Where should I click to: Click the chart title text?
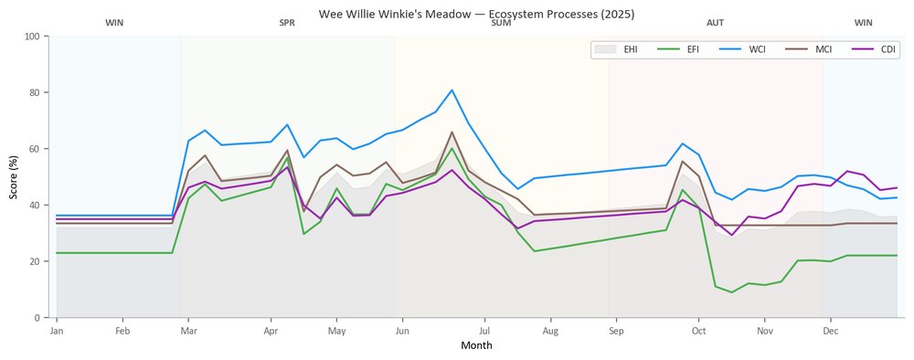click(x=476, y=14)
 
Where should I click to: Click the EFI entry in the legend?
click(x=678, y=49)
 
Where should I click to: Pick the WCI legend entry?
click(x=741, y=49)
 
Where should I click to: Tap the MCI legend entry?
click(x=807, y=49)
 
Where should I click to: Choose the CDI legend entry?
click(x=872, y=49)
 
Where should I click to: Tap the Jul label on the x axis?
click(x=484, y=332)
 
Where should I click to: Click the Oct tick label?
click(x=698, y=332)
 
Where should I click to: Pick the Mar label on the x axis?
click(x=188, y=332)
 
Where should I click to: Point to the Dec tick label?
click(x=830, y=332)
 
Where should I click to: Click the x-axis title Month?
click(x=476, y=345)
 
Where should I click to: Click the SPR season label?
click(x=287, y=24)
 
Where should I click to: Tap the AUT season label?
click(x=716, y=24)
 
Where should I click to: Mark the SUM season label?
click(x=501, y=24)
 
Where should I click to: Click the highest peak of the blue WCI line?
click(x=452, y=90)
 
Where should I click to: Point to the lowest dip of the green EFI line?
click(x=731, y=292)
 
